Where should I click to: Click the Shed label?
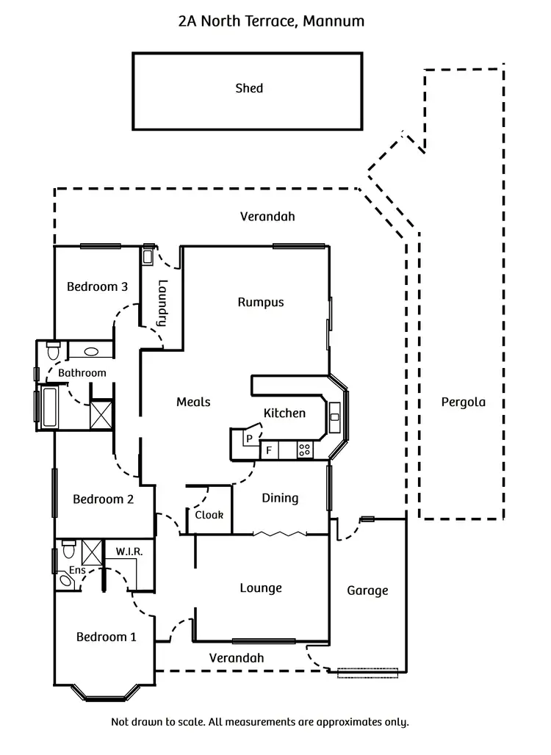pyautogui.click(x=249, y=88)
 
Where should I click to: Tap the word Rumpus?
pyautogui.click(x=261, y=302)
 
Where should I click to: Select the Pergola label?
pyautogui.click(x=463, y=402)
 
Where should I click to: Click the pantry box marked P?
pyautogui.click(x=248, y=438)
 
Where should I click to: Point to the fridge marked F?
pyautogui.click(x=269, y=449)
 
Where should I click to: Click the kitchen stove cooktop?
pyautogui.click(x=304, y=449)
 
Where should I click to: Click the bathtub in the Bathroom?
pyautogui.click(x=51, y=407)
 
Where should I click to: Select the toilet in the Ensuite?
pyautogui.click(x=68, y=548)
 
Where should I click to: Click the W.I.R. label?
pyautogui.click(x=129, y=551)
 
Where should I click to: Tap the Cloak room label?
pyautogui.click(x=209, y=515)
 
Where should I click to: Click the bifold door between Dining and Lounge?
pyautogui.click(x=280, y=533)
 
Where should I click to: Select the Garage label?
pyautogui.click(x=367, y=590)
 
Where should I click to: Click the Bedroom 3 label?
pyautogui.click(x=98, y=286)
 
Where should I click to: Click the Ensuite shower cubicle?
pyautogui.click(x=92, y=550)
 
